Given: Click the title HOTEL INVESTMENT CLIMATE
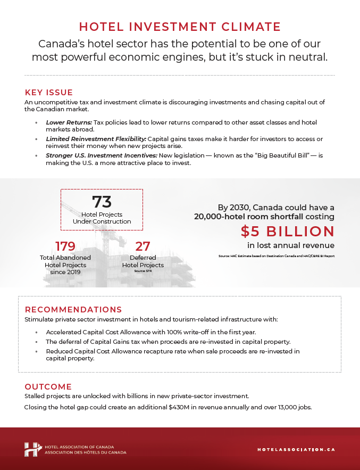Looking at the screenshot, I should [180, 27].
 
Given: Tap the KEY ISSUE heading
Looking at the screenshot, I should [49, 92].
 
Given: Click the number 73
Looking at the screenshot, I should [102, 202].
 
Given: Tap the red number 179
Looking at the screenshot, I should [65, 246].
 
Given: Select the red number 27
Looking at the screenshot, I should [143, 246].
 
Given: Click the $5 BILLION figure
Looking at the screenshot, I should [287, 231].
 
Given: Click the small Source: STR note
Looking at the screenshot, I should [143, 271].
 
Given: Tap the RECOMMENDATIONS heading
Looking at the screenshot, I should [73, 309].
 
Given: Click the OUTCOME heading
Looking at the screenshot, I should [48, 386].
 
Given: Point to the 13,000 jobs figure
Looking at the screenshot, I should [292, 407].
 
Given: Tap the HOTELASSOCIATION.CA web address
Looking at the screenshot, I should [296, 449].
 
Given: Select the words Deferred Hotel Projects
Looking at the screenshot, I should [143, 261].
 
